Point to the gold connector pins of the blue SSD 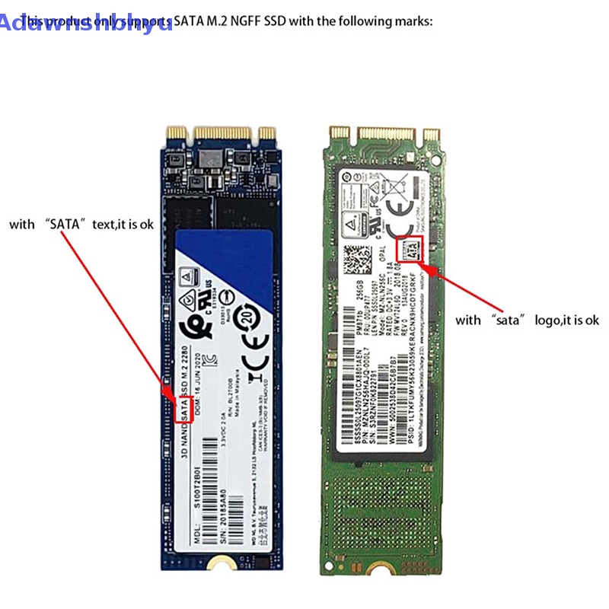[221, 134]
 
